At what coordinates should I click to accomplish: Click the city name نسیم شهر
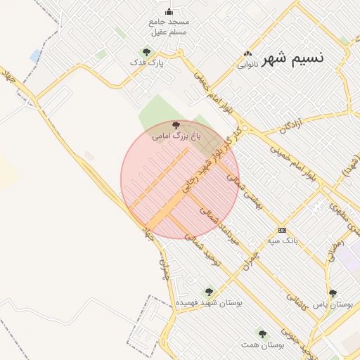[x=293, y=57]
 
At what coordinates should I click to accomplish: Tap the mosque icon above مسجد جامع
[x=169, y=11]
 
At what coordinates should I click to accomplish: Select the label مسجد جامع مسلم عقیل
[x=169, y=27]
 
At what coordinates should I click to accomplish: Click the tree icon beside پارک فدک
[x=146, y=52]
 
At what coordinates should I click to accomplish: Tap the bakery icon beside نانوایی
[x=247, y=54]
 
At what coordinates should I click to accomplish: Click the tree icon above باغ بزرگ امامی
[x=176, y=124]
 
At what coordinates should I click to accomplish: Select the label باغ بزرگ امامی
[x=177, y=135]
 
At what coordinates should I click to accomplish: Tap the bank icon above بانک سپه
[x=283, y=230]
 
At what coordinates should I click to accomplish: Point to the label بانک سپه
[x=282, y=240]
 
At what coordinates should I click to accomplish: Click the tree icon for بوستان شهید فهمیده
[x=208, y=291]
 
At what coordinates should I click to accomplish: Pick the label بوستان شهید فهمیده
[x=208, y=302]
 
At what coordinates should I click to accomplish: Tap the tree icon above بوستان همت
[x=262, y=334]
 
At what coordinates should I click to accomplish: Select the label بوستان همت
[x=262, y=345]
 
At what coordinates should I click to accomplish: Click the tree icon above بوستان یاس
[x=333, y=293]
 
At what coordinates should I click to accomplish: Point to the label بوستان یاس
[x=333, y=304]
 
